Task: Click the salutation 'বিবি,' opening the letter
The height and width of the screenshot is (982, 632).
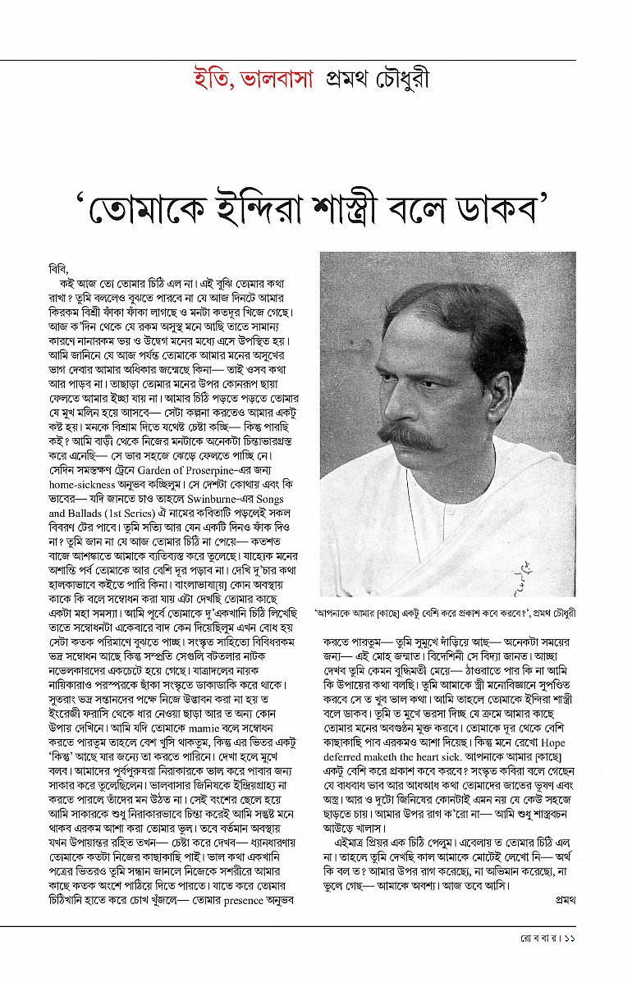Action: coord(60,268)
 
